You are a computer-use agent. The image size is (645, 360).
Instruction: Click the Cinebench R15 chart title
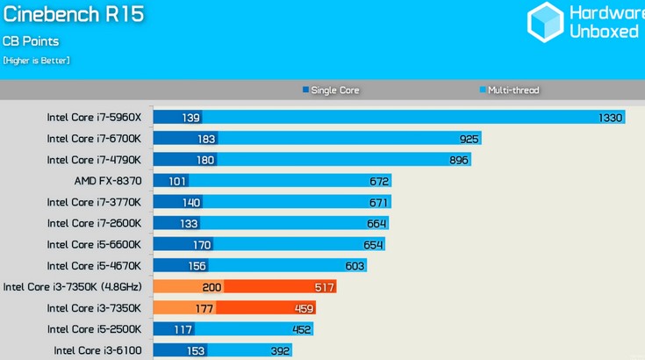point(74,15)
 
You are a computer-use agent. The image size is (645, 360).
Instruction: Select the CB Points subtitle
point(30,41)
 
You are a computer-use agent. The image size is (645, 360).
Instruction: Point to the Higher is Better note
point(36,61)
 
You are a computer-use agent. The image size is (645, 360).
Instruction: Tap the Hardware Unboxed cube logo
point(545,22)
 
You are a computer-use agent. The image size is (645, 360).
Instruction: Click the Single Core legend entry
point(331,90)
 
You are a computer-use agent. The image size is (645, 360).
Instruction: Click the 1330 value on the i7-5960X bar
point(610,118)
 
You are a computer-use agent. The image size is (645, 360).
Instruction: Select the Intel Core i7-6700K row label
point(100,139)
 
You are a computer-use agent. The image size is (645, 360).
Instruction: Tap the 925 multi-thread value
point(469,139)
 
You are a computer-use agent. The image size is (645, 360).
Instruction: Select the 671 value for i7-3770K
point(378,202)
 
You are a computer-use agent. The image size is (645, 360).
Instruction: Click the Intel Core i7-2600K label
point(100,223)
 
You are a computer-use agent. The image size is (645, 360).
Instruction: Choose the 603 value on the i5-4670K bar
point(354,265)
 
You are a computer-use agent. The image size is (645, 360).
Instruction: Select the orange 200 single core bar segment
point(188,286)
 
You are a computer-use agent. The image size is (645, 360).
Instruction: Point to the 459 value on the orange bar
point(303,307)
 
